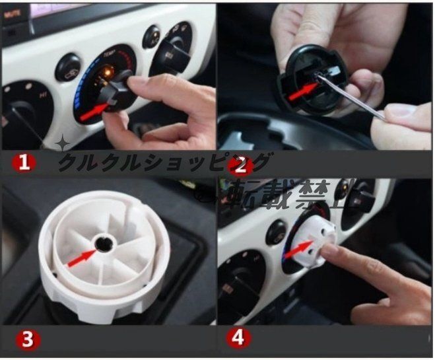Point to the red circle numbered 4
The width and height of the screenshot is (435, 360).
(x=239, y=338)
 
